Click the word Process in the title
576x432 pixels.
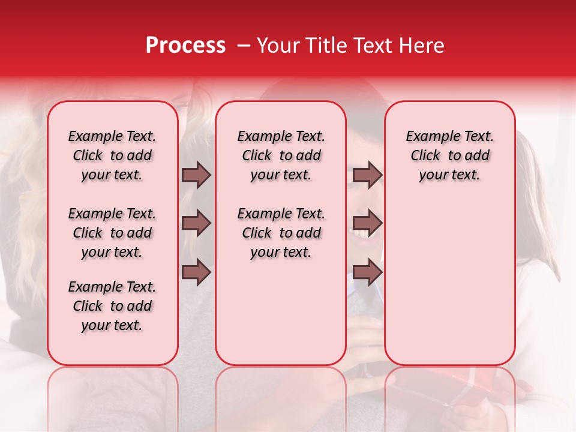(185, 46)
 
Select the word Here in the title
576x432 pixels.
(423, 46)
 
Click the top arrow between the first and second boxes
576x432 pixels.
(196, 175)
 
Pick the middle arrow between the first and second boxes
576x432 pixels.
(196, 223)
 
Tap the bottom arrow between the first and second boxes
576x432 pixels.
(196, 272)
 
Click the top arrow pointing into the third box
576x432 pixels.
(367, 175)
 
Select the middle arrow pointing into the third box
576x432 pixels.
(367, 223)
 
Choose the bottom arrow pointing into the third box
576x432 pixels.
(367, 272)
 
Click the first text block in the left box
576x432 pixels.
(112, 155)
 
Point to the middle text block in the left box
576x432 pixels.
(112, 233)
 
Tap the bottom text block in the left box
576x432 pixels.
(112, 306)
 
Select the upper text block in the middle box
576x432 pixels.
(281, 155)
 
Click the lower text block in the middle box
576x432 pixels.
(281, 233)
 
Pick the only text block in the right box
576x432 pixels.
(450, 155)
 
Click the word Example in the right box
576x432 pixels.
(428, 137)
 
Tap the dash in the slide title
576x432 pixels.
(243, 46)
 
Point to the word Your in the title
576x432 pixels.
(278, 46)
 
